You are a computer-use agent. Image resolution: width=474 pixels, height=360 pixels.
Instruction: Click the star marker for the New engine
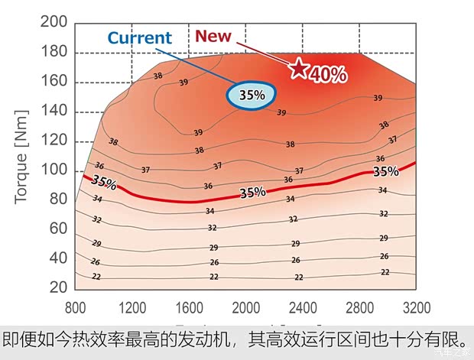pos(298,69)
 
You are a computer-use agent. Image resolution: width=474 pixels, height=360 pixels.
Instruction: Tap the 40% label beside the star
pos(329,74)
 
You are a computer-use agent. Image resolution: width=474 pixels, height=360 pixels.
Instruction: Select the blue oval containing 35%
pos(251,96)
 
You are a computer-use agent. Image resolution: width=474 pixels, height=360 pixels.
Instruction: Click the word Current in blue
pos(139,38)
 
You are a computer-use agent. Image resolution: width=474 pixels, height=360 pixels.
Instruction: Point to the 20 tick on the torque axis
pos(57,287)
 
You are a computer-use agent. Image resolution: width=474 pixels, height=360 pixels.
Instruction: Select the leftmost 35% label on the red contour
pos(104,183)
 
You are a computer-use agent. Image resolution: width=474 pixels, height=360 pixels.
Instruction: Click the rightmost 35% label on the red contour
pos(386,171)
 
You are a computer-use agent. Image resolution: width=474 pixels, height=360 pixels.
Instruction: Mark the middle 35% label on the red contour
pos(252,193)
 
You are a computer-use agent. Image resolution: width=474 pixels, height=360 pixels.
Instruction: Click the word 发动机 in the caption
pos(203,339)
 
